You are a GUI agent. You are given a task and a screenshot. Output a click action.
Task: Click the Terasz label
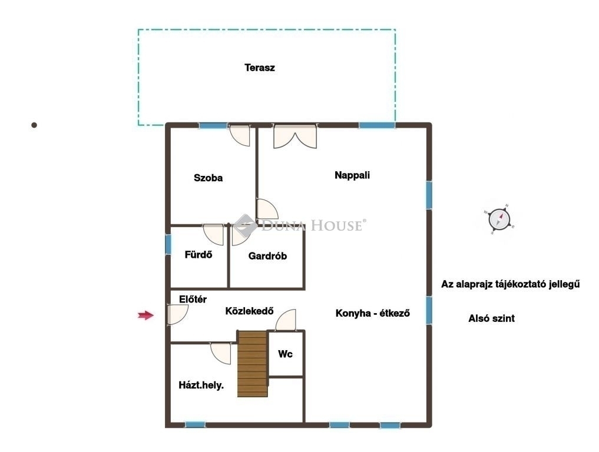[260, 68]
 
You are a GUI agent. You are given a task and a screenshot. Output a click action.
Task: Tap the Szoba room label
[208, 178]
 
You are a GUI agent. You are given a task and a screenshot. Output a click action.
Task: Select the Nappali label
[352, 175]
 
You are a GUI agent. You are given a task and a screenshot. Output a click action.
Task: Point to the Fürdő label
[198, 254]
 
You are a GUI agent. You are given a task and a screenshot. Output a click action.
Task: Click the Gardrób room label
[267, 256]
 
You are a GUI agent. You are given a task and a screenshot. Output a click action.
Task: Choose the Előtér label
[193, 300]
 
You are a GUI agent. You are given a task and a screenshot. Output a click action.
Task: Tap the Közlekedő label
[250, 311]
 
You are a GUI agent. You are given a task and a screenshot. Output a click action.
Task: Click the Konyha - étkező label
[373, 313]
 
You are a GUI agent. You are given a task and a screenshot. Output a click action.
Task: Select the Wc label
[286, 354]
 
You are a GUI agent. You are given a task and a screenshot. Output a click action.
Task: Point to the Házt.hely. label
[201, 385]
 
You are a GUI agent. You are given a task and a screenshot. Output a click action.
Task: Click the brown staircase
[252, 364]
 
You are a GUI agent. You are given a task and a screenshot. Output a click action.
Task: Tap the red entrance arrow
[145, 315]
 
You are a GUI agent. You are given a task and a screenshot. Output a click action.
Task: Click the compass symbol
[499, 219]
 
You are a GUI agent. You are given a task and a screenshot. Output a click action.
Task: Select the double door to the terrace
[295, 136]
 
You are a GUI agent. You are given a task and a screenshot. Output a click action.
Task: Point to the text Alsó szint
[492, 318]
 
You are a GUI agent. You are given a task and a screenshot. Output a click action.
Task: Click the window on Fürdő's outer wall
[168, 244]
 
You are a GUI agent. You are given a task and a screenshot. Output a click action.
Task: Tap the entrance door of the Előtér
[177, 314]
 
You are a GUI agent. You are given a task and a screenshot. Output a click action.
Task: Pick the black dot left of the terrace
[34, 125]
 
